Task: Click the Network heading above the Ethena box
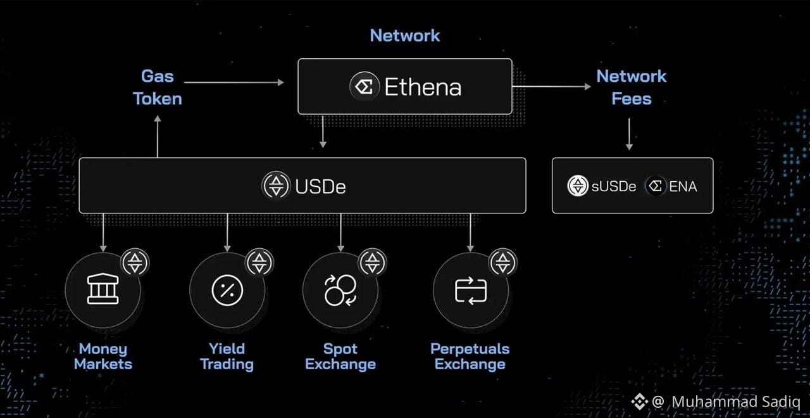(x=404, y=35)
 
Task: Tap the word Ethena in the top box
(x=423, y=87)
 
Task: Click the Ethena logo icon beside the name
(x=364, y=87)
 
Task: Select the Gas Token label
(x=158, y=87)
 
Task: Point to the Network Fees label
(x=632, y=87)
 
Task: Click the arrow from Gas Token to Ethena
(x=234, y=82)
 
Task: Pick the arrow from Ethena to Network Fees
(x=552, y=87)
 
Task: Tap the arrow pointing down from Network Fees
(x=629, y=134)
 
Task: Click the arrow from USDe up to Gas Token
(x=158, y=136)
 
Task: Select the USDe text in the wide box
(x=320, y=187)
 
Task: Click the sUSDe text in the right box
(x=614, y=186)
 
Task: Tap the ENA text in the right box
(x=683, y=186)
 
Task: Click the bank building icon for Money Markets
(x=103, y=289)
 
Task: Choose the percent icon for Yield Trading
(x=227, y=290)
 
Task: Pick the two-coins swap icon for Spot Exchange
(x=340, y=290)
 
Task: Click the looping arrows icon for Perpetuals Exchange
(x=470, y=291)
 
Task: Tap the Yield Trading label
(x=227, y=357)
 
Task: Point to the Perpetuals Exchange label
(x=470, y=357)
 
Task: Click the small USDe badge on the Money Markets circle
(x=135, y=263)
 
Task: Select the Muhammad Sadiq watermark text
(x=736, y=402)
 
